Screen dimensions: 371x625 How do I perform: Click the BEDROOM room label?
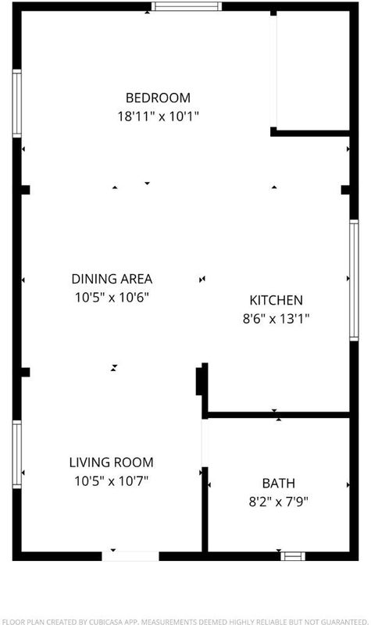(158, 98)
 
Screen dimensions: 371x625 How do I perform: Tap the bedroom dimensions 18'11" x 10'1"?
(159, 116)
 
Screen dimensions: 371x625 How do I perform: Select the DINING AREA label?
(112, 279)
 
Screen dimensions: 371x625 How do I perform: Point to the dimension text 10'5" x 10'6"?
(112, 298)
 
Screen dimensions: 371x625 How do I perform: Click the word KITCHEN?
(276, 300)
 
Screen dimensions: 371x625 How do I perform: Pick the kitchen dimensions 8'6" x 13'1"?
(276, 319)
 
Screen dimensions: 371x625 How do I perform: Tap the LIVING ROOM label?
(111, 462)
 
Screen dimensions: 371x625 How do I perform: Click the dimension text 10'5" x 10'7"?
(111, 481)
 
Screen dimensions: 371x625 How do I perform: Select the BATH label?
(279, 483)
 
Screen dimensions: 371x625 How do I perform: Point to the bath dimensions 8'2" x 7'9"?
(279, 502)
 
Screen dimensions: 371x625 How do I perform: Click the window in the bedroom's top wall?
(187, 6)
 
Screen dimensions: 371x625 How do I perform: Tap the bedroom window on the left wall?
(16, 104)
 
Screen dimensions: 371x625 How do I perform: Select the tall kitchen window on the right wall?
(354, 280)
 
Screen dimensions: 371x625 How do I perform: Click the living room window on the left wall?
(16, 455)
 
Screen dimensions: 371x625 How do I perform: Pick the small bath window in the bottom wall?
(293, 556)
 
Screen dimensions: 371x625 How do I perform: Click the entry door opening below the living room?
(130, 556)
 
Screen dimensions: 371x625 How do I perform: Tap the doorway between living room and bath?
(205, 443)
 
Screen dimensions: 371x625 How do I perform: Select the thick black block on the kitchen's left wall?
(199, 381)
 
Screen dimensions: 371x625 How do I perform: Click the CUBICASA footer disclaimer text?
(184, 621)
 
